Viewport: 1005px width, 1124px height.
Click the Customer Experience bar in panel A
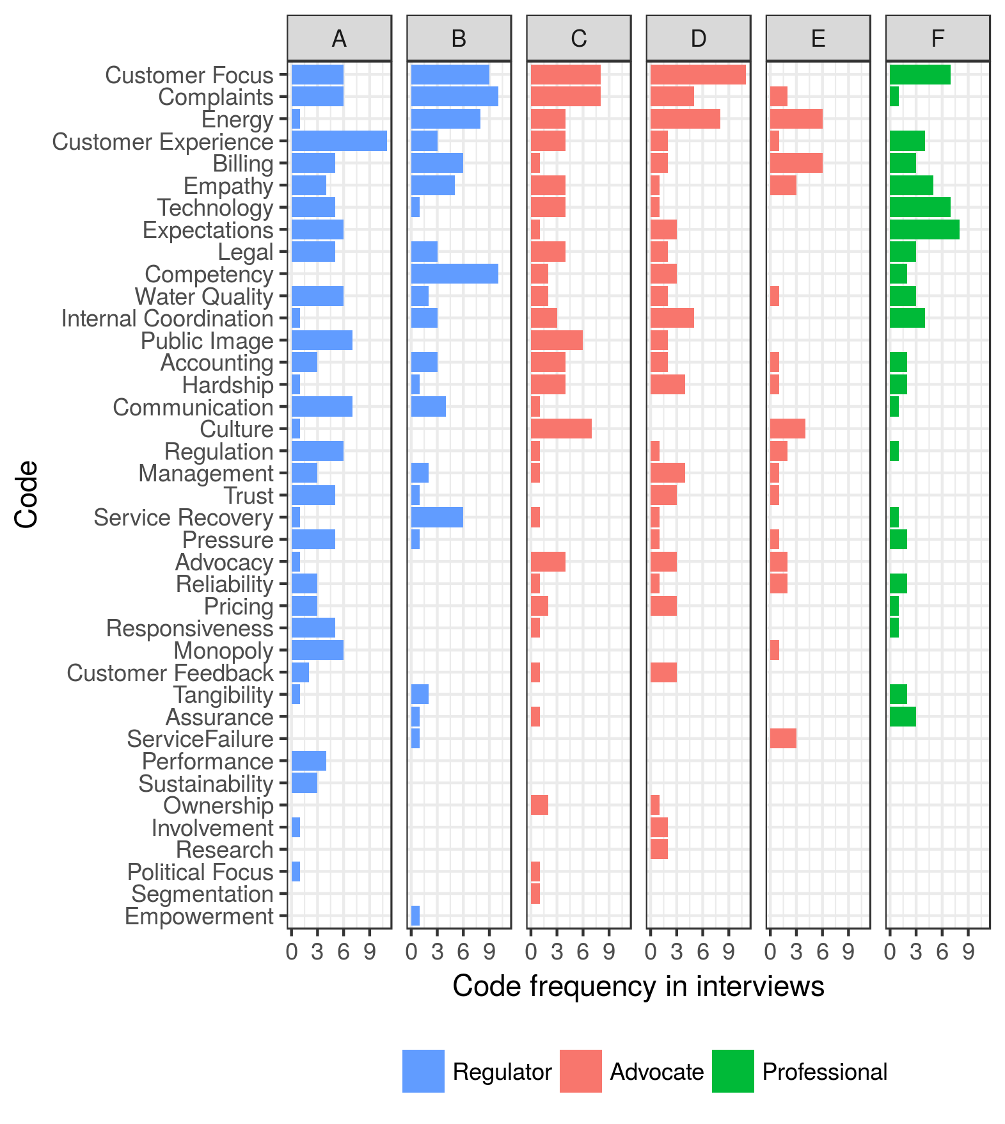pyautogui.click(x=339, y=141)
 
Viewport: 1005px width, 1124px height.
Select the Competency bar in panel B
pyautogui.click(x=454, y=274)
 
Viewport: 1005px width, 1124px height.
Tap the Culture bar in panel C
pyautogui.click(x=561, y=429)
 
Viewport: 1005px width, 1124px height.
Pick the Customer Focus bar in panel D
pyautogui.click(x=698, y=75)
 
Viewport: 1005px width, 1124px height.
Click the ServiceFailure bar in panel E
pyautogui.click(x=783, y=739)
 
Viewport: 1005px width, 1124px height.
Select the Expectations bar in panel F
pyautogui.click(x=924, y=230)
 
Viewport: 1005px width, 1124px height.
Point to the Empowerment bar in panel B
pyautogui.click(x=415, y=916)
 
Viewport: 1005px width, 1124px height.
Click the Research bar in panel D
pyautogui.click(x=659, y=849)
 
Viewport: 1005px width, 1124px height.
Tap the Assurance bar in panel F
pyautogui.click(x=903, y=717)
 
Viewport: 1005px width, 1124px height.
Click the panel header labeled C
pyautogui.click(x=578, y=38)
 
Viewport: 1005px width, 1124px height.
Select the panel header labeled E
pyautogui.click(x=818, y=38)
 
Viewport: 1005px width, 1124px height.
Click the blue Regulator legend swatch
pyautogui.click(x=423, y=1071)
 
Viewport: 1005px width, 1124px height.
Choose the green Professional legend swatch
pyautogui.click(x=732, y=1071)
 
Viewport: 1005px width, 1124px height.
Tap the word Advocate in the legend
pyautogui.click(x=656, y=1072)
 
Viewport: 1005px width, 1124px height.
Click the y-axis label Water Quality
pyautogui.click(x=203, y=297)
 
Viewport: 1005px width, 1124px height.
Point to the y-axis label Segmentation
pyautogui.click(x=202, y=894)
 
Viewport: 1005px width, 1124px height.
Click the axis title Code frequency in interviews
pyautogui.click(x=638, y=986)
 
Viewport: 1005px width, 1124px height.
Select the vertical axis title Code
pyautogui.click(x=27, y=494)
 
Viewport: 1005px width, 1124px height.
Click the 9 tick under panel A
pyautogui.click(x=370, y=952)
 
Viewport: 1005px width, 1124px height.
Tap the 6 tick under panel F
pyautogui.click(x=942, y=952)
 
